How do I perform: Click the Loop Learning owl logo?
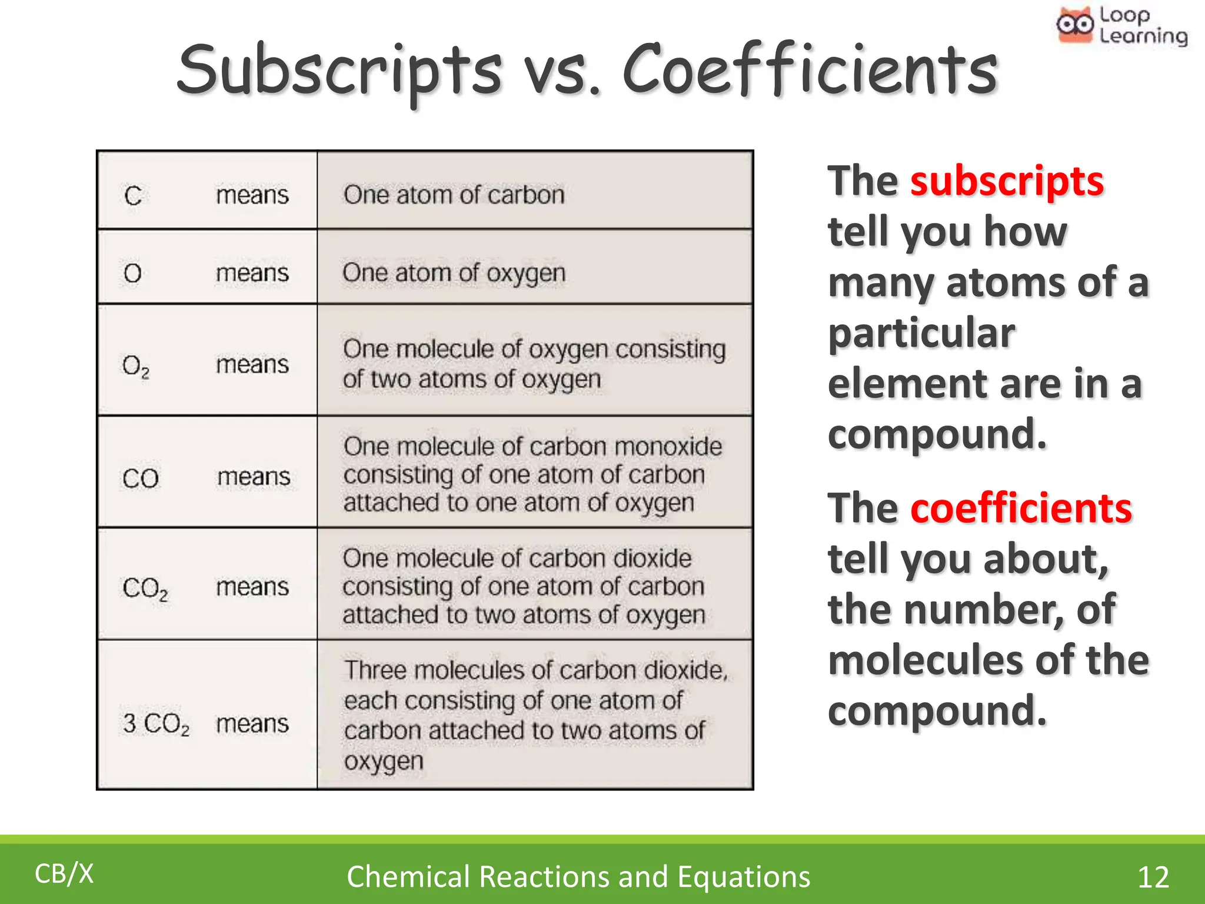click(x=1075, y=25)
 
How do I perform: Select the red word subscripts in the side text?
click(x=1007, y=181)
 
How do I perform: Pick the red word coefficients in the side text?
click(x=1021, y=508)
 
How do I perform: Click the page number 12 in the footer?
click(x=1153, y=877)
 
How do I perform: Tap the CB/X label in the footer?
click(x=64, y=874)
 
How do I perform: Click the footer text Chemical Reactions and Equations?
click(x=578, y=877)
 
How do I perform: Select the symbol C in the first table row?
click(x=133, y=195)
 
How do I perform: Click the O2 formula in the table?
click(x=135, y=366)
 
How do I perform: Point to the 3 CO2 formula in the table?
click(x=156, y=724)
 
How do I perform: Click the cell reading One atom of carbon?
click(x=454, y=195)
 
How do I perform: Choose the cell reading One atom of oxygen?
click(x=454, y=273)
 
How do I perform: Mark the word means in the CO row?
click(x=254, y=477)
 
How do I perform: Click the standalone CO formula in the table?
click(x=141, y=478)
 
